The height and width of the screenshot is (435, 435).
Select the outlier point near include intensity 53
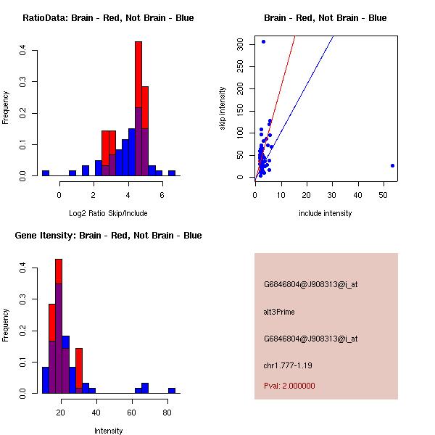click(x=392, y=165)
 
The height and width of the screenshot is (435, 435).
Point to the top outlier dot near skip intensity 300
click(x=263, y=41)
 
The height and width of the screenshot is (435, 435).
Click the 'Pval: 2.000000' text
click(x=289, y=386)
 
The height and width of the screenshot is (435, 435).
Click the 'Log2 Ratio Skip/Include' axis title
click(x=108, y=213)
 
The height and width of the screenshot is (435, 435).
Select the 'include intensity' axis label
click(x=326, y=213)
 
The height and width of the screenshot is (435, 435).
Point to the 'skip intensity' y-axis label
click(x=223, y=109)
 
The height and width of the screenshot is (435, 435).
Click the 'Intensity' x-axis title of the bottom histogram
click(x=108, y=431)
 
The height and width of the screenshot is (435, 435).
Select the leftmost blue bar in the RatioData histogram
click(x=45, y=173)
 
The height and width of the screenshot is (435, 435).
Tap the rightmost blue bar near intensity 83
click(x=172, y=390)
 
